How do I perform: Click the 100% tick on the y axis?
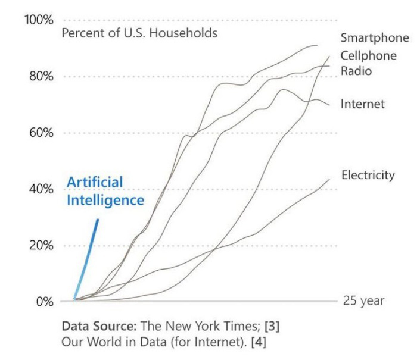(x=39, y=20)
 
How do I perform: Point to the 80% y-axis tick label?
(x=41, y=76)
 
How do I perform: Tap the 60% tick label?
(x=41, y=133)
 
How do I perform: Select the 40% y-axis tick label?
(x=41, y=189)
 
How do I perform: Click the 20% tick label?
(x=41, y=245)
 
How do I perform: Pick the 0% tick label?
(x=45, y=302)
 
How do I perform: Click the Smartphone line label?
(x=375, y=38)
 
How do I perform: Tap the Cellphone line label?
(x=369, y=55)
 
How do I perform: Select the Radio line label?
(x=356, y=71)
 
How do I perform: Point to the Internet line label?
(x=362, y=104)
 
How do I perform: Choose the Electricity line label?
(x=368, y=176)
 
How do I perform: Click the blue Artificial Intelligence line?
(x=86, y=259)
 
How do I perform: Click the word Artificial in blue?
(x=95, y=182)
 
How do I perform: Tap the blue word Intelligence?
(x=105, y=201)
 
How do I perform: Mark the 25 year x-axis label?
(x=363, y=301)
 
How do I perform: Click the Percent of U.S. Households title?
(x=139, y=33)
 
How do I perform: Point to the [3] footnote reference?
(x=272, y=326)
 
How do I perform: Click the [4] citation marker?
(x=259, y=342)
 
